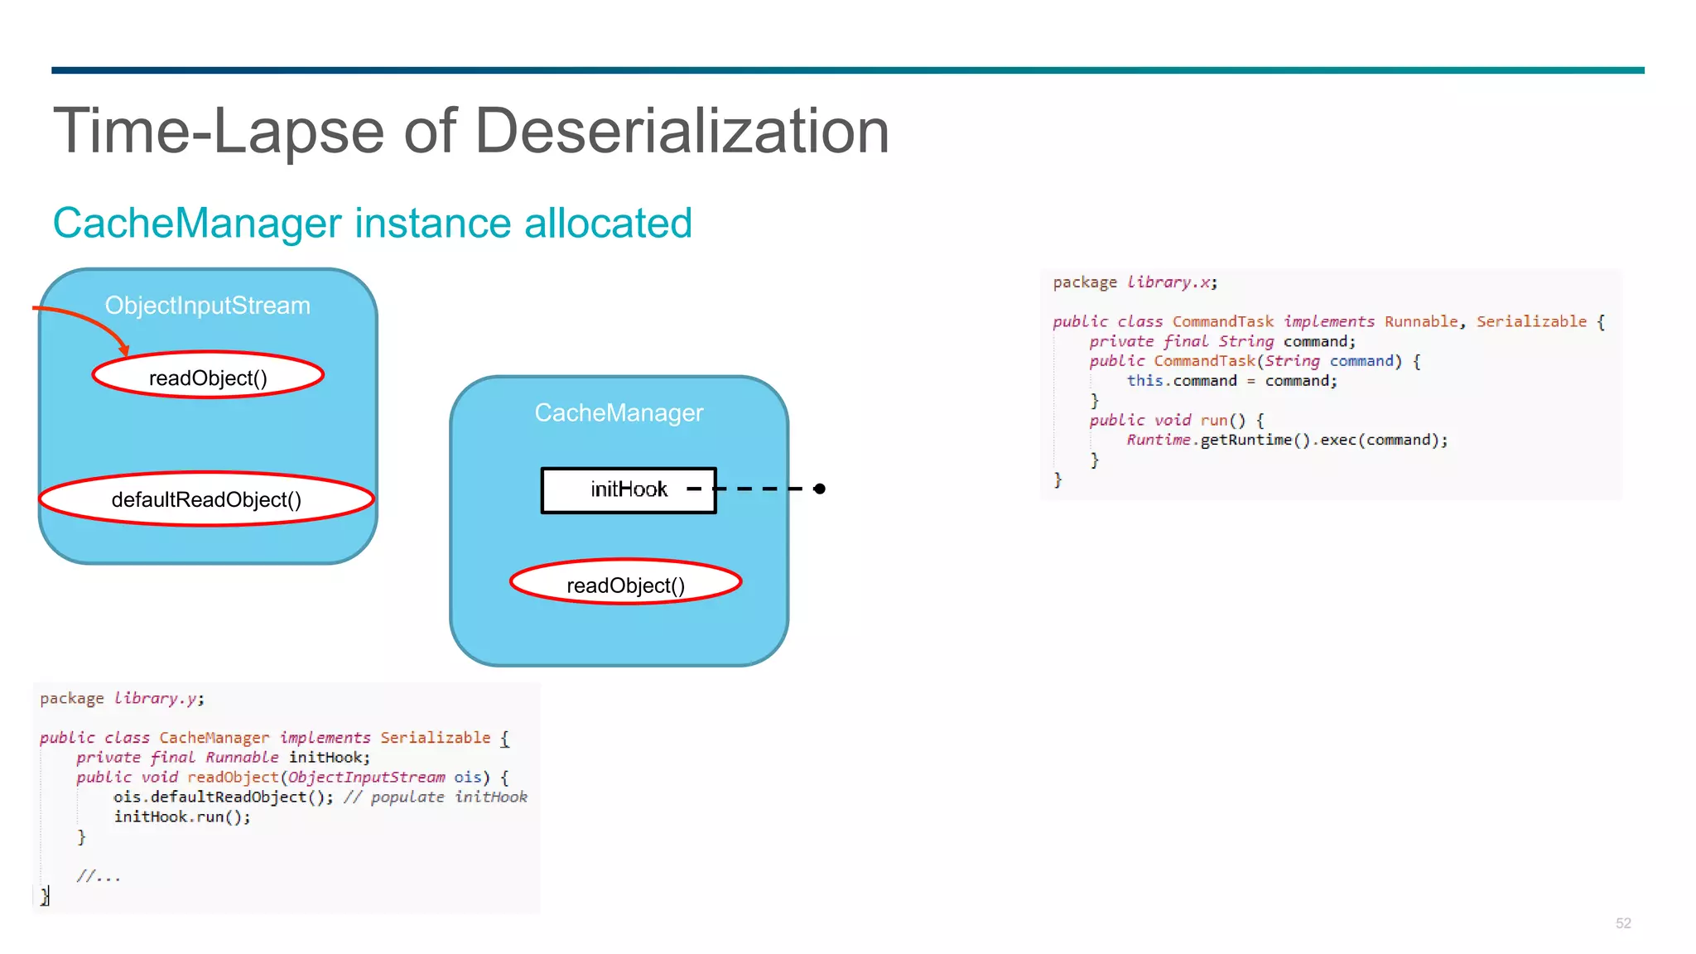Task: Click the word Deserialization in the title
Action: (x=681, y=131)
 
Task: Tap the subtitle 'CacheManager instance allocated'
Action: (x=372, y=223)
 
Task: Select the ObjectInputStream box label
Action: (x=207, y=306)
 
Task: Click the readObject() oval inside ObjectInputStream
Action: (x=208, y=377)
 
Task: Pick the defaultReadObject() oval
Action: (x=206, y=499)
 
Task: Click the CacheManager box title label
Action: (x=619, y=412)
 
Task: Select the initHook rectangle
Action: (x=628, y=489)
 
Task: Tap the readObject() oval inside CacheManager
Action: (x=625, y=585)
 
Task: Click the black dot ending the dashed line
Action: (x=819, y=489)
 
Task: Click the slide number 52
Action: (x=1622, y=923)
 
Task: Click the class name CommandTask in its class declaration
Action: (x=1222, y=321)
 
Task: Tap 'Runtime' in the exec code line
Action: (x=1158, y=440)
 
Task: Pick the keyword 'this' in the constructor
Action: (x=1144, y=380)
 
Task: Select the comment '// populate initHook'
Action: (x=436, y=797)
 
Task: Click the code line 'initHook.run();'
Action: (x=181, y=817)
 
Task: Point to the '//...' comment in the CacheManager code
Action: (x=99, y=876)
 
